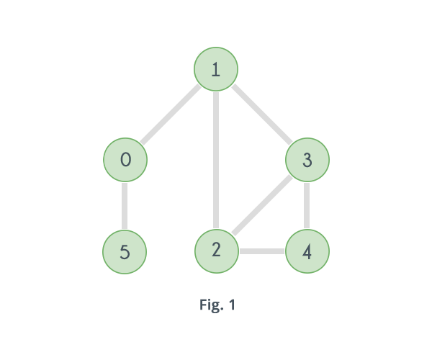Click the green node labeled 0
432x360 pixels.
[x=125, y=160]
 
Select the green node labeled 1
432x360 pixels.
[x=216, y=69]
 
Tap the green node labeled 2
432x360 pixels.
[x=216, y=251]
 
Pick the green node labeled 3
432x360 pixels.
[x=307, y=160]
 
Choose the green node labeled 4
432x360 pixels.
[x=307, y=252]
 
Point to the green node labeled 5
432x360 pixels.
[x=125, y=252]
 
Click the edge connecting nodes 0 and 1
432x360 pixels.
[x=171, y=114]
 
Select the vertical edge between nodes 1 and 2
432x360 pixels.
[x=216, y=160]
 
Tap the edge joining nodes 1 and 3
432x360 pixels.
[x=262, y=114]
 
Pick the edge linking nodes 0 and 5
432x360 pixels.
[x=125, y=206]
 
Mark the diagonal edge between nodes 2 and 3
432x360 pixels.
[x=262, y=205]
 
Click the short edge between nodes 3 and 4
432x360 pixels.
[x=307, y=206]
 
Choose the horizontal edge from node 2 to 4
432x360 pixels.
[x=262, y=251]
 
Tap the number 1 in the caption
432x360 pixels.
[x=231, y=305]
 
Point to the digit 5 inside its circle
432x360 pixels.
[x=125, y=252]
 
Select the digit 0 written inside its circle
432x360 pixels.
[x=126, y=159]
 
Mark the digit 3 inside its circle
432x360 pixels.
[x=307, y=160]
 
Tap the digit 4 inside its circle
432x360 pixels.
[x=307, y=252]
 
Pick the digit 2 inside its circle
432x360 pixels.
[x=216, y=250]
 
